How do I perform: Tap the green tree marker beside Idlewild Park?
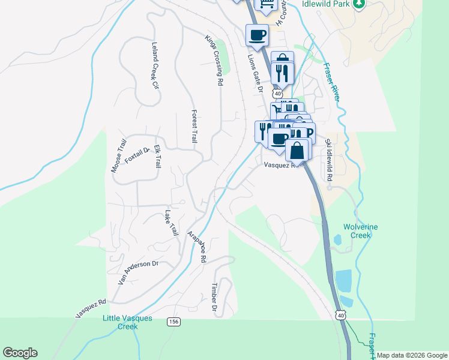360,4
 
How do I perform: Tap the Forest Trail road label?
194,126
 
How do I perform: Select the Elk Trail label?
157,156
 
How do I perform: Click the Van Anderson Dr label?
137,272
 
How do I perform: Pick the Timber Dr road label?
214,298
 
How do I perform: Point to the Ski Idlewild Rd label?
328,160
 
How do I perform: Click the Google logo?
20,353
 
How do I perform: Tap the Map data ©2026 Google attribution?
412,355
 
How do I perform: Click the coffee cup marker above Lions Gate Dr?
257,35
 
